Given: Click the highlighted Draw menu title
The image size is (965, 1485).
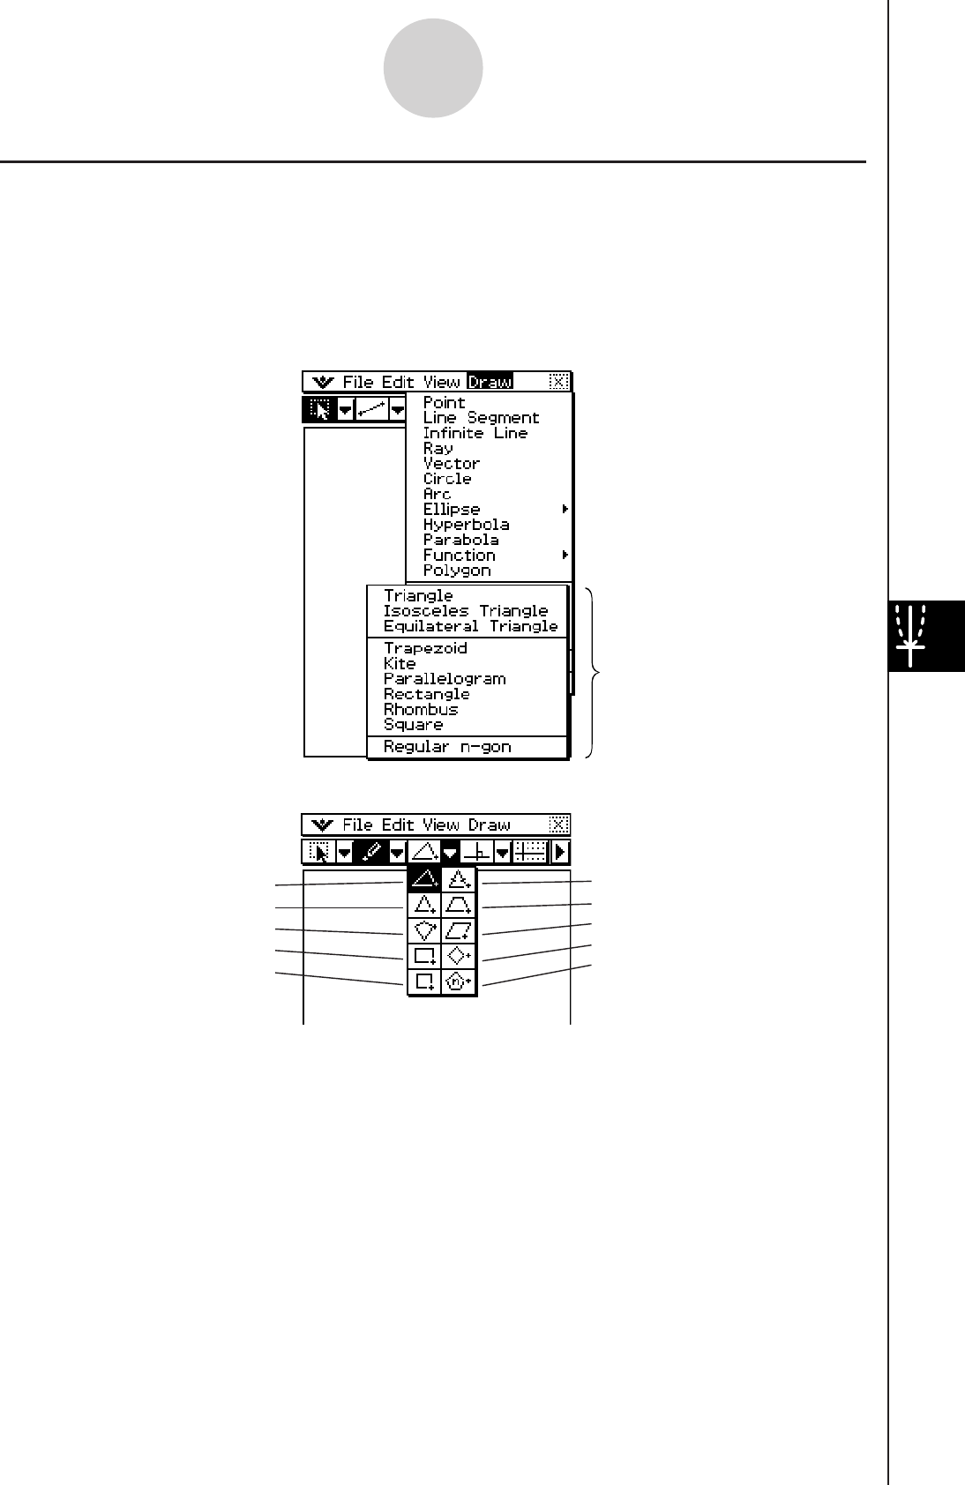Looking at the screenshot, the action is tap(490, 382).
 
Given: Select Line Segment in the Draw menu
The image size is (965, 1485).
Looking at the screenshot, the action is tap(481, 418).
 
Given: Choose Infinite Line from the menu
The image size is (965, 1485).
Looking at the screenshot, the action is tap(475, 433).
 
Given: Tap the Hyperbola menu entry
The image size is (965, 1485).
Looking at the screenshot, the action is tap(466, 525).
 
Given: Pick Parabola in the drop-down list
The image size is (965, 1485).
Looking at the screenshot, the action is tap(460, 540).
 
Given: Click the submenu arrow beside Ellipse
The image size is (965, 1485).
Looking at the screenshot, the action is tap(565, 510).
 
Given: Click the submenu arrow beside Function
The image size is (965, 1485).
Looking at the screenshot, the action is tap(565, 556).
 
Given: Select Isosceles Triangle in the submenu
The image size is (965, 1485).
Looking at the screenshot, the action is tap(466, 611).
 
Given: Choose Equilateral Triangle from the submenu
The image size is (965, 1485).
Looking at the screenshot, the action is tap(470, 626).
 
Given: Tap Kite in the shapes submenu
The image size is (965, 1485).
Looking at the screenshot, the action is tap(400, 664).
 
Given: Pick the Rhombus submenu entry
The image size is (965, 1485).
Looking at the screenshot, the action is tap(421, 710).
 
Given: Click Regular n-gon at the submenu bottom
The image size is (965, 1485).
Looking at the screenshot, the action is tap(447, 747).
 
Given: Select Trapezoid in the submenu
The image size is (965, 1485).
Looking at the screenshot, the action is tap(425, 648).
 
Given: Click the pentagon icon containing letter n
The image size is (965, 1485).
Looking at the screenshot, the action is tap(458, 981).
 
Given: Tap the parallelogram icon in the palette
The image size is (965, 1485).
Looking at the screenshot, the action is tap(459, 930).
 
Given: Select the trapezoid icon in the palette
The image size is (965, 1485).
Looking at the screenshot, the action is tap(459, 905).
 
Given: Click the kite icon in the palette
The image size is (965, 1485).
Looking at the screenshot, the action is tap(425, 930).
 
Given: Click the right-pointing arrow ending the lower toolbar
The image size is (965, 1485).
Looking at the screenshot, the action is tap(560, 852).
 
